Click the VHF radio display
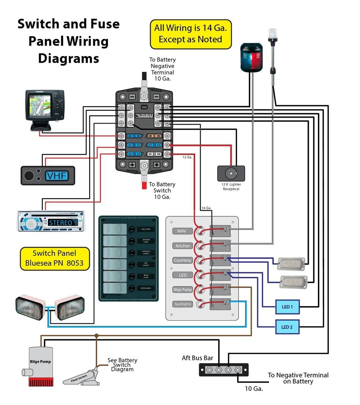(x=57, y=176)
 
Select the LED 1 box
(x=287, y=307)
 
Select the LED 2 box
(x=287, y=327)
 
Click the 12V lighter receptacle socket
(x=230, y=173)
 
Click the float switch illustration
(x=82, y=378)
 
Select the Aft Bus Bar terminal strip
(x=224, y=369)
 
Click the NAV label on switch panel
(x=182, y=231)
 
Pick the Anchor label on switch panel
(x=182, y=246)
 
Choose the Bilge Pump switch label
(x=182, y=289)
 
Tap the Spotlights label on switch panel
(x=182, y=304)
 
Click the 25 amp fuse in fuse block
(x=154, y=154)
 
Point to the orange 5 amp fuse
(x=154, y=136)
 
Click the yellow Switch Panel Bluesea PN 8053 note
(x=54, y=258)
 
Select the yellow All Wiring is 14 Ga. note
(x=190, y=34)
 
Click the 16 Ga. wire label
(x=206, y=208)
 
